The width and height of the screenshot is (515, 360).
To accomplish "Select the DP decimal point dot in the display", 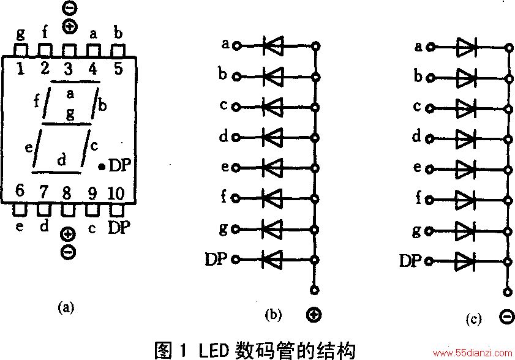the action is (102, 167).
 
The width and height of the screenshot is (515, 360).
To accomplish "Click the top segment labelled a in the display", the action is (75, 81).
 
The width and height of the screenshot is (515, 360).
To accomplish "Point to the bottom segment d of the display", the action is (56, 172).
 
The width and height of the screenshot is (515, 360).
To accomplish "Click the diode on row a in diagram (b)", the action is (273, 46).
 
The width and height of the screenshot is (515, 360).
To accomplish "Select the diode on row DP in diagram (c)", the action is (465, 261).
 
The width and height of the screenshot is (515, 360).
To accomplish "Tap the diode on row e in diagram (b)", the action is (273, 168).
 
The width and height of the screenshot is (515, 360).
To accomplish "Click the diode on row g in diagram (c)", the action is (465, 231).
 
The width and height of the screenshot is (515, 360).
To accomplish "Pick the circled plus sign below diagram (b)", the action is (314, 315).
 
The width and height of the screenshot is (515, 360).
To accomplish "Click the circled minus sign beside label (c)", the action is (507, 317).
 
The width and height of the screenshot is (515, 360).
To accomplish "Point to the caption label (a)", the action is (66, 308).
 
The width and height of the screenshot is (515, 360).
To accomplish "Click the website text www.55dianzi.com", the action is (473, 353).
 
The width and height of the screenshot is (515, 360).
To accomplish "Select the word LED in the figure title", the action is (214, 350).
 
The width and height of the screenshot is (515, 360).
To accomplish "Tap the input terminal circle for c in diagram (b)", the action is (236, 107).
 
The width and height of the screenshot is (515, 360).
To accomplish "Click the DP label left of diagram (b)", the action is (216, 260).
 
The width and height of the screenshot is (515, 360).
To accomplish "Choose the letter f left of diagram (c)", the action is (418, 198).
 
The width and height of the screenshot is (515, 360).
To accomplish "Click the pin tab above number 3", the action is (69, 51).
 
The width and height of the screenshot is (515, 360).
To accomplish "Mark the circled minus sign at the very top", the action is (70, 9).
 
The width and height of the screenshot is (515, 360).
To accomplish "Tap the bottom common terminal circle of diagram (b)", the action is (314, 290).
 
